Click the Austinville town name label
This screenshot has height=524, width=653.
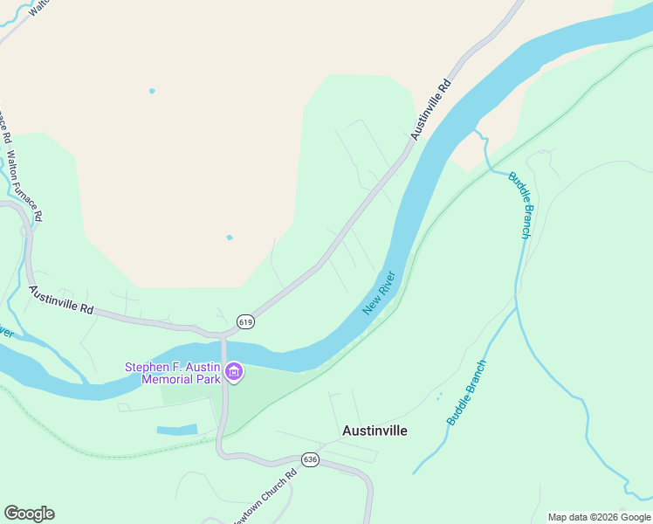point(375,431)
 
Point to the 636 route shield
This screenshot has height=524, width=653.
point(310,459)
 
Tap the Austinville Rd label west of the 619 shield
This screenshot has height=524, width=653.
point(60,300)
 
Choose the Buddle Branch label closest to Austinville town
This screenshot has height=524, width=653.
point(466,393)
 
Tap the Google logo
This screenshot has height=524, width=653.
point(29,514)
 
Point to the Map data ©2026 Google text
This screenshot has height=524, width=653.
point(599,517)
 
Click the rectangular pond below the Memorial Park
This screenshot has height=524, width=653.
point(176,430)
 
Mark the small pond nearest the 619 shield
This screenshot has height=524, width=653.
point(230,238)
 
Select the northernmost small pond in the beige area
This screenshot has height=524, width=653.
point(152,91)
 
